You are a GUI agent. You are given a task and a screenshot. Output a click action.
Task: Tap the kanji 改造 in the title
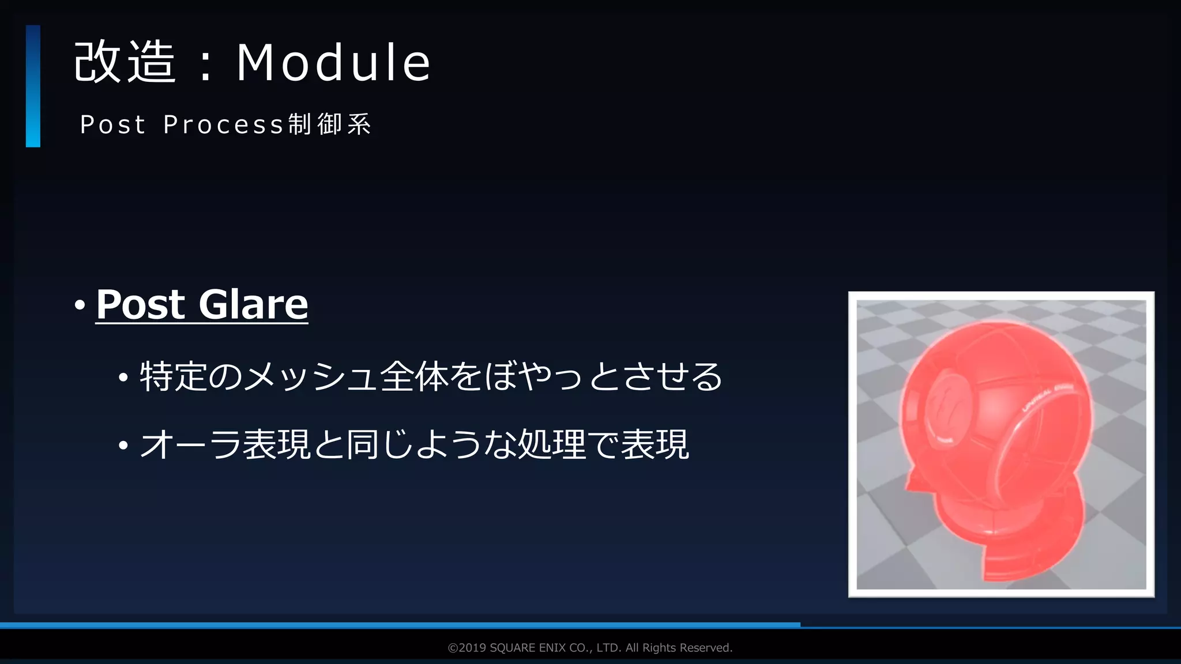[x=125, y=62]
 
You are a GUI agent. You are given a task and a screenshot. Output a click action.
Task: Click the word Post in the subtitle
[x=113, y=124]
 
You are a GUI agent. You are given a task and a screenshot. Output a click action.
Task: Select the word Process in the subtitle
[x=224, y=124]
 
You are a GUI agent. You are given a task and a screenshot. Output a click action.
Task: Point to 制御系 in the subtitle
[x=330, y=124]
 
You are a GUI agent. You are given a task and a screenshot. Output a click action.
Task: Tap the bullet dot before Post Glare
[x=80, y=305]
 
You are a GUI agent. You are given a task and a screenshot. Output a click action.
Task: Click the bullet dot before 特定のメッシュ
[x=123, y=378]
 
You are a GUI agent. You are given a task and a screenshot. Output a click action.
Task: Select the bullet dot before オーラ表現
[x=123, y=446]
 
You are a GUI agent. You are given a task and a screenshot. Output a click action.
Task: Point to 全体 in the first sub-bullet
[x=414, y=377]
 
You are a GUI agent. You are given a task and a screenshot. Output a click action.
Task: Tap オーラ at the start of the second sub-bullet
[x=190, y=444]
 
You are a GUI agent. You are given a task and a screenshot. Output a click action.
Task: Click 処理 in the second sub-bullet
[x=552, y=444]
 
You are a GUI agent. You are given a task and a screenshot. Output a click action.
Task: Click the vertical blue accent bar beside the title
[x=33, y=86]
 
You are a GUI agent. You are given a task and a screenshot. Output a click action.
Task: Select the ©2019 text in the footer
[x=467, y=648]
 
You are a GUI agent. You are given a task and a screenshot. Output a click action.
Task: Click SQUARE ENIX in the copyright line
[x=528, y=648]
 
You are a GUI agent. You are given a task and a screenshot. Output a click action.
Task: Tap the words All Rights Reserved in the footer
[x=679, y=648]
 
